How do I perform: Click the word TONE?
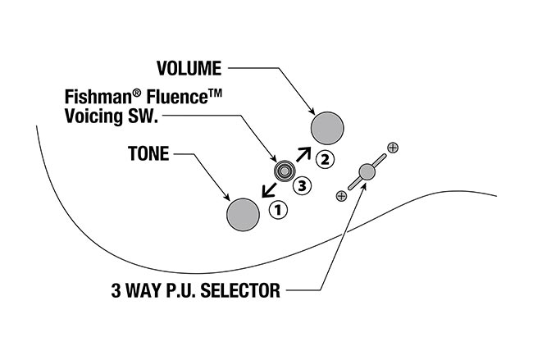148,153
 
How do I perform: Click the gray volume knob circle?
328,128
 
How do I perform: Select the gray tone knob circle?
243,214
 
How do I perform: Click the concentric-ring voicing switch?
285,171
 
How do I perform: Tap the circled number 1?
277,209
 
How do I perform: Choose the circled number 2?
326,158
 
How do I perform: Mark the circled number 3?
302,185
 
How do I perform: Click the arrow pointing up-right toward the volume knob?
303,153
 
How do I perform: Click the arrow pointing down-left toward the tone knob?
265,190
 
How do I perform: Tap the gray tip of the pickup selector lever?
366,171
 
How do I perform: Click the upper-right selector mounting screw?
392,148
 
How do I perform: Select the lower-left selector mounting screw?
341,196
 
